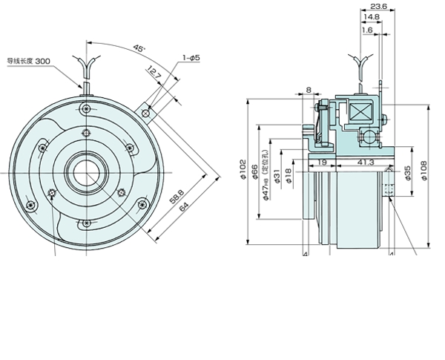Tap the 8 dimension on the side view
tap(309, 90)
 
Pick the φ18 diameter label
tap(289, 176)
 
